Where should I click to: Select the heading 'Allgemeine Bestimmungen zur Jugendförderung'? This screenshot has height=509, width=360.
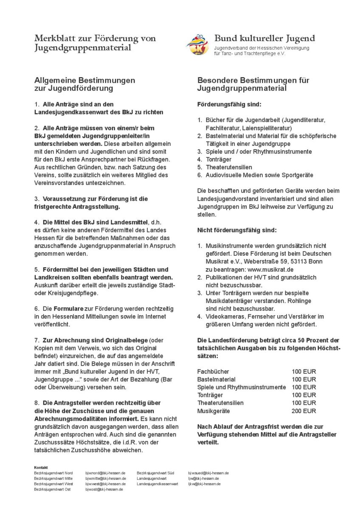pyautogui.click(x=84, y=84)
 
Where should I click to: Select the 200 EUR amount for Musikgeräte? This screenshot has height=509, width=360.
pyautogui.click(x=304, y=411)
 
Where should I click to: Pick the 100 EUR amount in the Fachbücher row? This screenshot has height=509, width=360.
pyautogui.click(x=304, y=371)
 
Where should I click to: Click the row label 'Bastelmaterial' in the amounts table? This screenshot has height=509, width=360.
pyautogui.click(x=216, y=379)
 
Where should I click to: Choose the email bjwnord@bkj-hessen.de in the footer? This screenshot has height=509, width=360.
pyautogui.click(x=105, y=473)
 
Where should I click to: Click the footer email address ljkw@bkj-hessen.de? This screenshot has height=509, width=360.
pyautogui.click(x=205, y=484)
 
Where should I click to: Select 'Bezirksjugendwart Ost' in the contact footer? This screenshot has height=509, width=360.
pyautogui.click(x=53, y=489)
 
